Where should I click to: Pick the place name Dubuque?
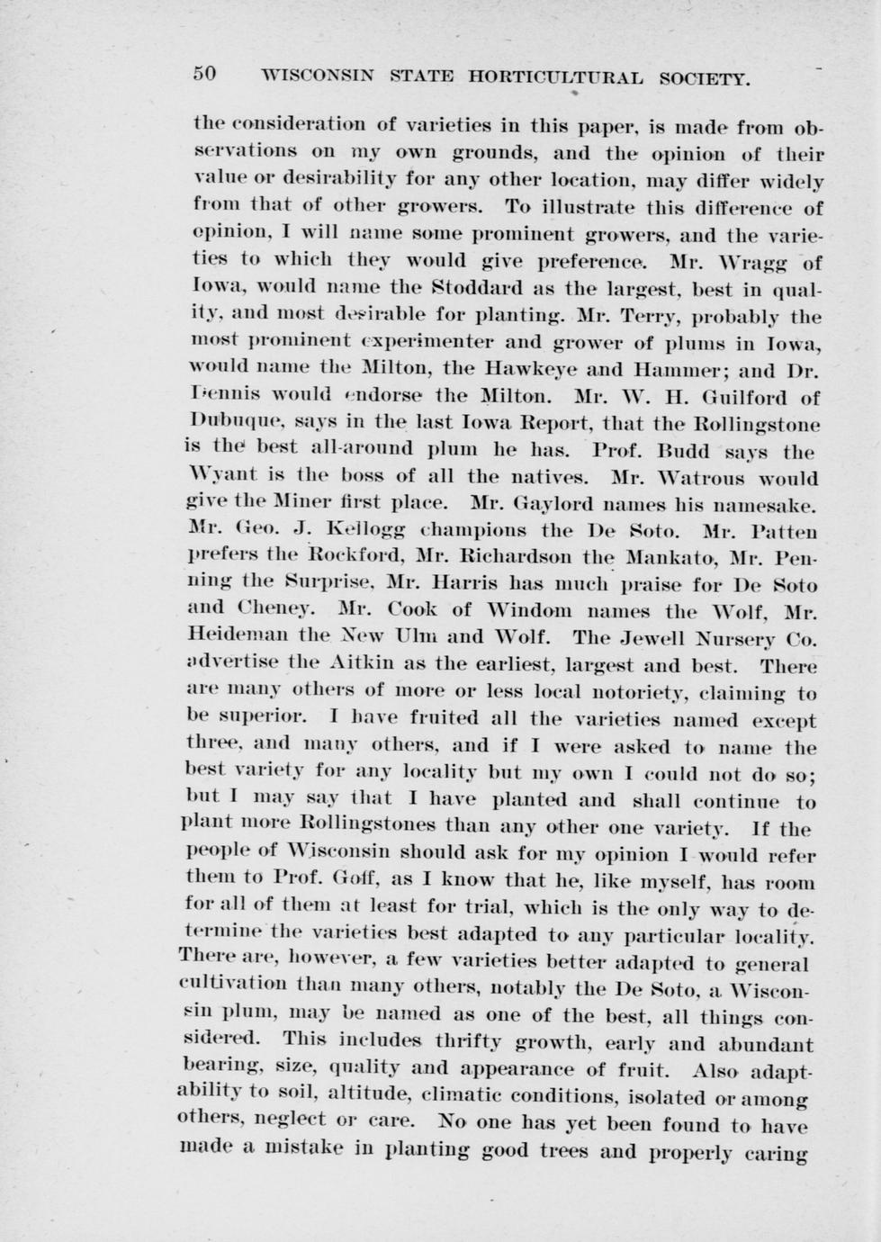click(x=228, y=421)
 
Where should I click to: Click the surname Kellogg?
click(x=359, y=530)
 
